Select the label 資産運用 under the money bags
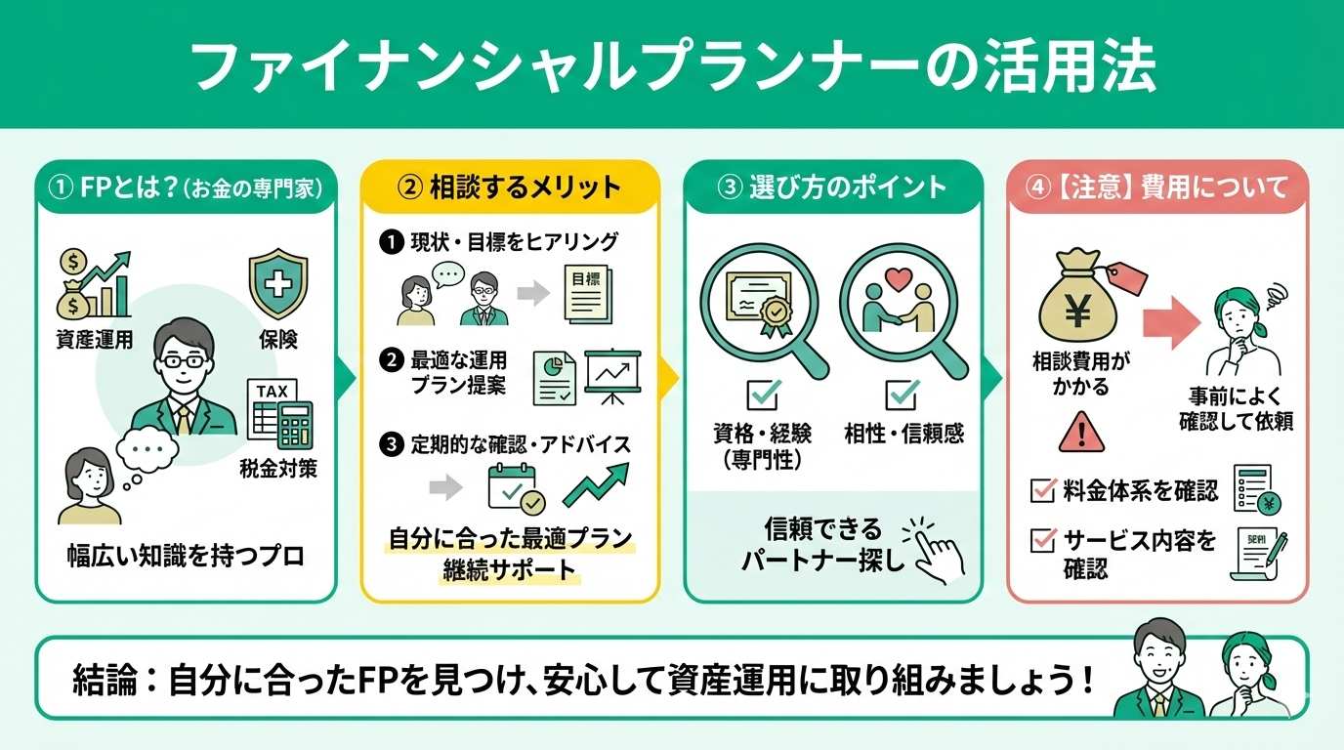pyautogui.click(x=94, y=341)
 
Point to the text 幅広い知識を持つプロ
pyautogui.click(x=187, y=557)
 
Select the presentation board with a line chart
pyautogui.click(x=612, y=376)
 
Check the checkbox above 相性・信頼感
pyautogui.click(x=901, y=395)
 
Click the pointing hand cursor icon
pyautogui.click(x=935, y=549)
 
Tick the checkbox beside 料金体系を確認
pyautogui.click(x=1043, y=489)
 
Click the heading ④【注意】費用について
pyautogui.click(x=1157, y=187)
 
